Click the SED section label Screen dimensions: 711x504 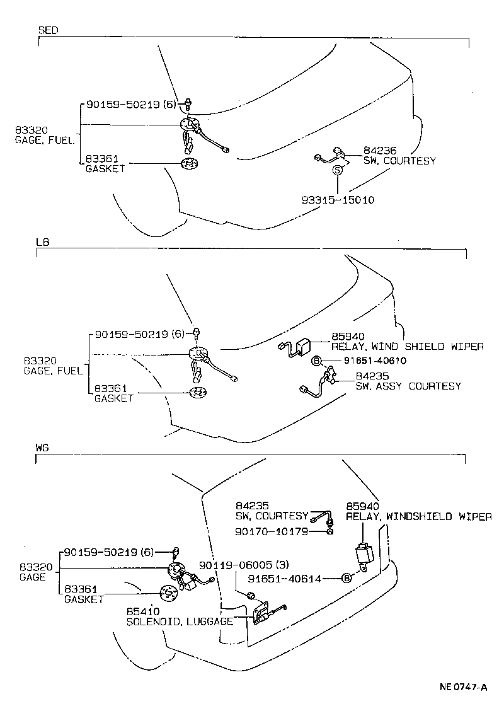tap(49, 30)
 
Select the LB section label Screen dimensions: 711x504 tap(43, 242)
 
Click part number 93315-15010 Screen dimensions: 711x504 tap(338, 200)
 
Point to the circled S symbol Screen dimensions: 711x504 tap(338, 170)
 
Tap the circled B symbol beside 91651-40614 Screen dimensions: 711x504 tap(346, 577)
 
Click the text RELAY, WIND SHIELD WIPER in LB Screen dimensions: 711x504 tap(407, 346)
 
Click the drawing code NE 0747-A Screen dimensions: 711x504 tap(463, 687)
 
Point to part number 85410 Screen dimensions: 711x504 tap(143, 611)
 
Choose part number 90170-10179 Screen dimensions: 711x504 tap(272, 531)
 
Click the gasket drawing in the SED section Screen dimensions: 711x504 tap(188, 165)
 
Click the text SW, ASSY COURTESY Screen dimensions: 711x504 tap(408, 386)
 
